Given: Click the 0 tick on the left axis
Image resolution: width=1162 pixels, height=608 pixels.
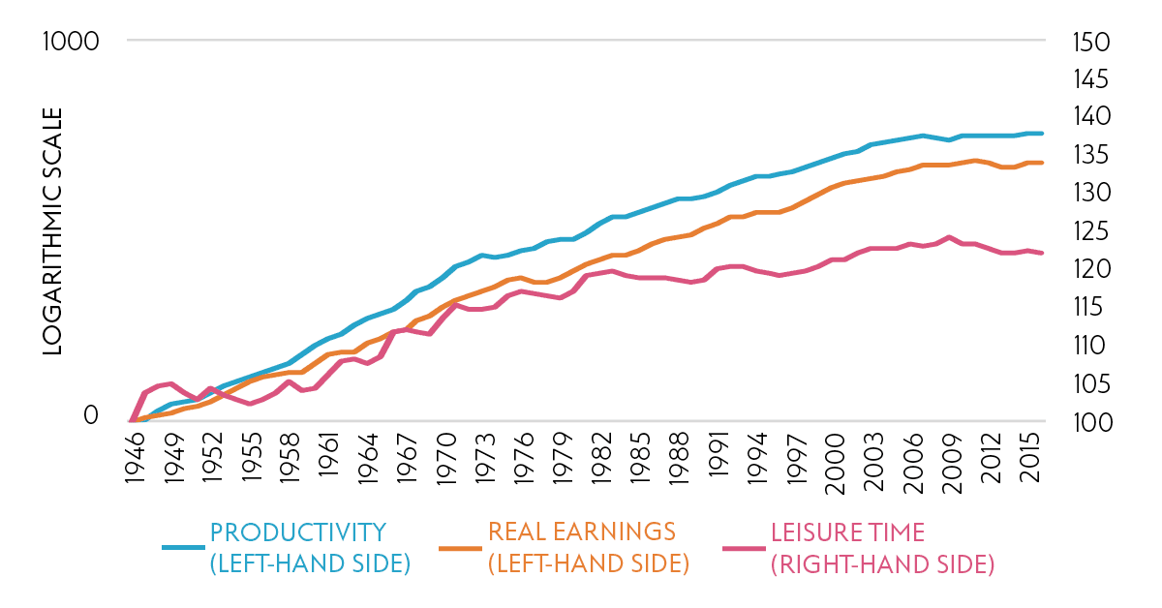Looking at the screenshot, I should (x=91, y=414).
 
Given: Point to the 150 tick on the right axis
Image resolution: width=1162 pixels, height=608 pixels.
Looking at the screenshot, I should (x=1089, y=42).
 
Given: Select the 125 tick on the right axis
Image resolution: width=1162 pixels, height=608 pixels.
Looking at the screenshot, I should (x=1089, y=231).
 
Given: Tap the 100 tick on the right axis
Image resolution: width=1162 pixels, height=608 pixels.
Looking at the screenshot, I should (x=1089, y=422).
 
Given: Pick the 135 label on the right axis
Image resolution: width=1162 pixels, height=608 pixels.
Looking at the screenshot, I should (x=1089, y=156).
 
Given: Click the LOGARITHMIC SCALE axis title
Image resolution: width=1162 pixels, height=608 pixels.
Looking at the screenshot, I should (x=52, y=231).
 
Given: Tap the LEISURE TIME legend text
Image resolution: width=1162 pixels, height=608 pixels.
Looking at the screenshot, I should (x=882, y=548).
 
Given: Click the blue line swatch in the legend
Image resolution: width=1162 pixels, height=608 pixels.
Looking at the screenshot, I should (x=183, y=548).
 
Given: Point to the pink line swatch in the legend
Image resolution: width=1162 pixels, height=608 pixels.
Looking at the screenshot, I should (x=743, y=548).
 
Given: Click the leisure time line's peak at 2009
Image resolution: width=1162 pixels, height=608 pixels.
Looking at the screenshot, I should (x=950, y=236).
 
